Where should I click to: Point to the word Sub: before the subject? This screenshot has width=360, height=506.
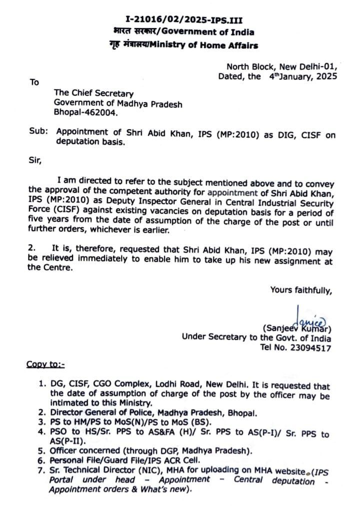coord(39,132)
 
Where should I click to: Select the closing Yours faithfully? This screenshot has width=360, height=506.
coord(300,289)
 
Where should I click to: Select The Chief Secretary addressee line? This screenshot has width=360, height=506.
coord(93,94)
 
